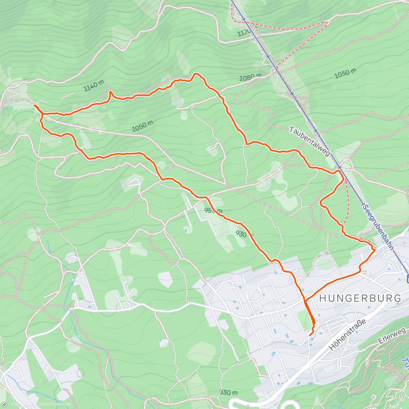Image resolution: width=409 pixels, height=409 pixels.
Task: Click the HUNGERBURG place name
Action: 360,298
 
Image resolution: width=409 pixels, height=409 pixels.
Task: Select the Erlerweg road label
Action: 392,336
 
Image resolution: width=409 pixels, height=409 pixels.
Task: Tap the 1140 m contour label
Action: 94,86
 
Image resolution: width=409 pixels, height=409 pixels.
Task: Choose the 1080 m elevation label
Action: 250,78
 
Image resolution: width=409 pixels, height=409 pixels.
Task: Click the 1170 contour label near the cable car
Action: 244,33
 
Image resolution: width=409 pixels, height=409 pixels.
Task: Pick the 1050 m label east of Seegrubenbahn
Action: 345,73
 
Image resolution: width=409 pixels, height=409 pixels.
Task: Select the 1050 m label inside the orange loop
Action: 142,126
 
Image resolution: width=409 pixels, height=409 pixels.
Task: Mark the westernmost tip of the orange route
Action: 34,106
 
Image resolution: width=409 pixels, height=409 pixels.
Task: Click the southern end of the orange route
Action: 310,335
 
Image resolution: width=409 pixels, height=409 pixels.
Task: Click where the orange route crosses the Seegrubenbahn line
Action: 339,168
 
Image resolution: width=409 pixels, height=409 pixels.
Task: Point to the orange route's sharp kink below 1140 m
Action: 110,92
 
